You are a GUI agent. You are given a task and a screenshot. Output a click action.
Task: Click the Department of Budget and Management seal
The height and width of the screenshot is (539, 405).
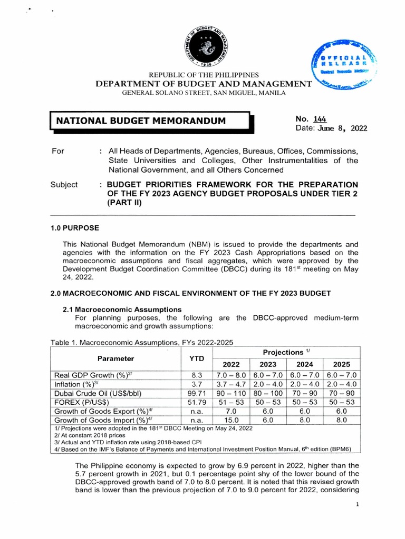[x=202, y=46]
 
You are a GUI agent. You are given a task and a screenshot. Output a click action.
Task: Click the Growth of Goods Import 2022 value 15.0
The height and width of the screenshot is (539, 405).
[x=231, y=420]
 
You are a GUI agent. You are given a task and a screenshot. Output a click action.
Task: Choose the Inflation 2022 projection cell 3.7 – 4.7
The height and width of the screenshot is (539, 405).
[x=231, y=384]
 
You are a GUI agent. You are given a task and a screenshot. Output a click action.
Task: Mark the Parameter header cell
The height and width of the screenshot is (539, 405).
[x=115, y=358]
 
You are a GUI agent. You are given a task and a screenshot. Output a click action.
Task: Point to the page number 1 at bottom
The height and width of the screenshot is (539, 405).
[x=357, y=504]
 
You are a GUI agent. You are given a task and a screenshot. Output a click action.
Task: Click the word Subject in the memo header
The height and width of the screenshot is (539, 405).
[x=64, y=185]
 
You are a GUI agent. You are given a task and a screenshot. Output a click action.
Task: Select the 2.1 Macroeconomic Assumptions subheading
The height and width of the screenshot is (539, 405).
[x=122, y=310]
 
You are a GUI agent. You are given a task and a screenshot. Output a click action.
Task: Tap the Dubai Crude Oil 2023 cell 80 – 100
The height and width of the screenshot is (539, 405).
[x=268, y=393]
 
